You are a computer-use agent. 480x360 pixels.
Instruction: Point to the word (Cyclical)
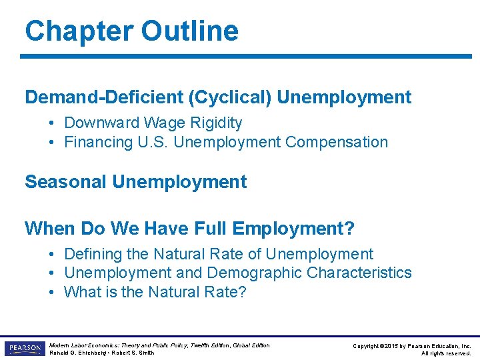click(x=230, y=97)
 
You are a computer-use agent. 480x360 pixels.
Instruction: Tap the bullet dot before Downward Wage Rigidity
click(x=51, y=123)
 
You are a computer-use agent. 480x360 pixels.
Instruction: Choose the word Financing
click(x=97, y=143)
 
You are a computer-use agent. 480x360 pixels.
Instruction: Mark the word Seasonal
click(x=66, y=182)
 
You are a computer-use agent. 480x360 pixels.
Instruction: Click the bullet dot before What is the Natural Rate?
click(x=51, y=293)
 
